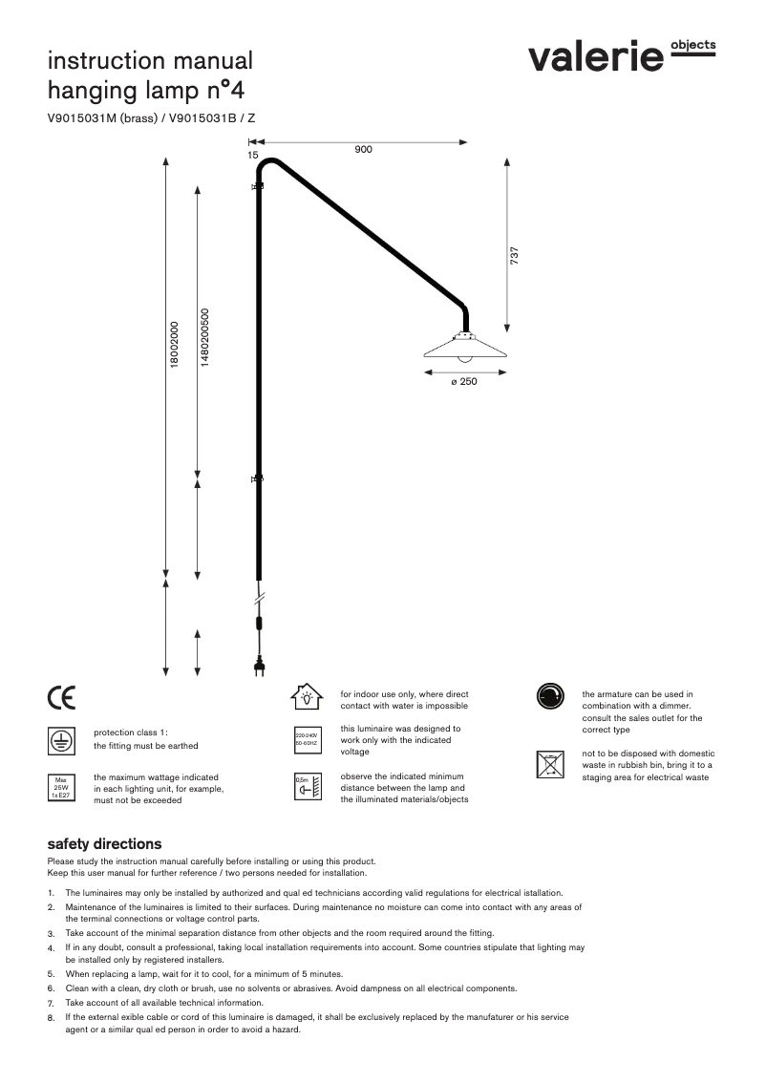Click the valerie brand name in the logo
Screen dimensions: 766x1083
[x=596, y=58]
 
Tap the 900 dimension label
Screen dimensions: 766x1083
[x=363, y=151]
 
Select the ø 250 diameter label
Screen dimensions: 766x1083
[x=463, y=382]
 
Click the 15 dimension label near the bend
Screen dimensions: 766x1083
[x=252, y=154]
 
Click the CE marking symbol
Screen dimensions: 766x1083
[x=60, y=698]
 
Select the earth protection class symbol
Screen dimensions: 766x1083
[x=60, y=739]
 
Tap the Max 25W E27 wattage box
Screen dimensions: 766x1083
[x=60, y=787]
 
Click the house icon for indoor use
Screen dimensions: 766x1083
[x=306, y=697]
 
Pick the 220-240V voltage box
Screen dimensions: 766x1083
[x=306, y=738]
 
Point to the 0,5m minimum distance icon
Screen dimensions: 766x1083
[x=306, y=787]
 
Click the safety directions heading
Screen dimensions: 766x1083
[x=104, y=844]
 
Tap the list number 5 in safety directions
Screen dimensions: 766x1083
[x=51, y=975]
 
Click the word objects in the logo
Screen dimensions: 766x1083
[x=693, y=45]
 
